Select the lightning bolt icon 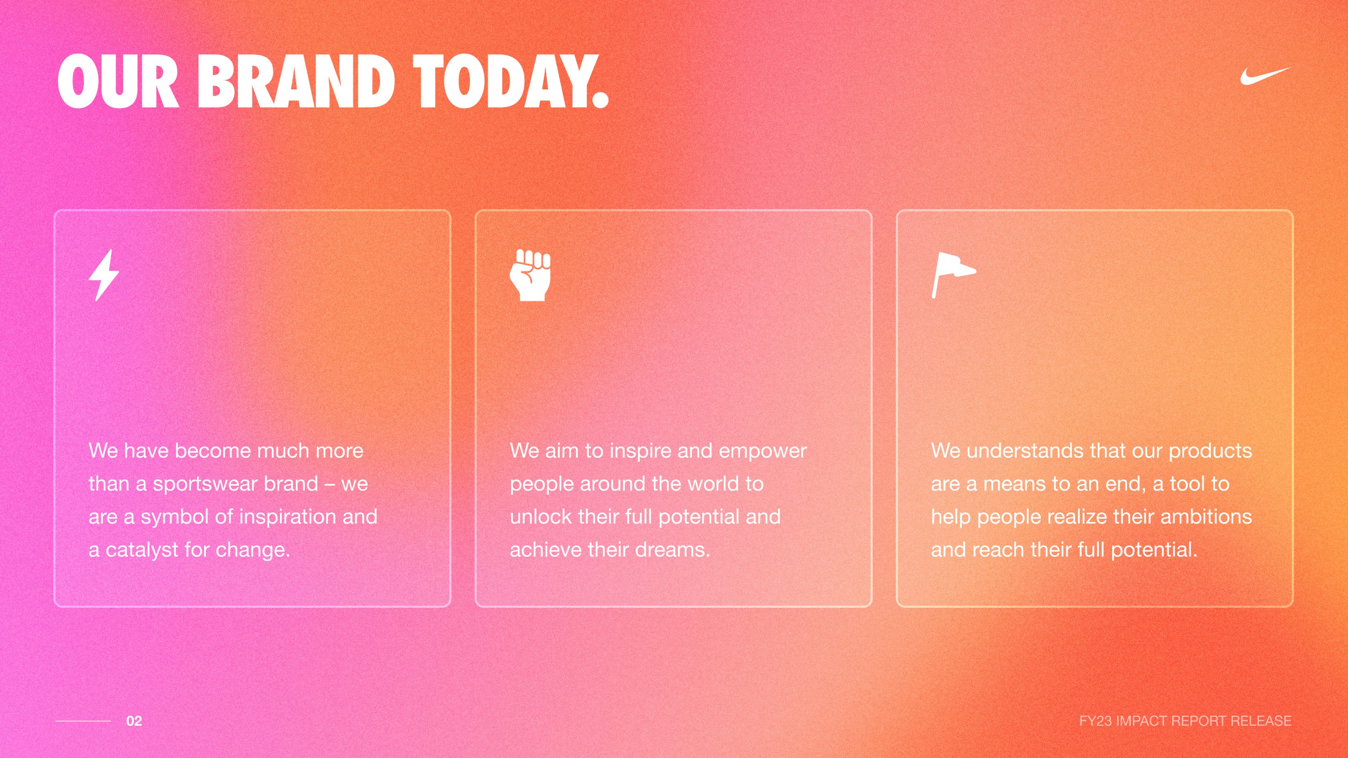click(103, 275)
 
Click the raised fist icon click(530, 275)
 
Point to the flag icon click(952, 274)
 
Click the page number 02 click(134, 721)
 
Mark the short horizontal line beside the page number click(83, 721)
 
